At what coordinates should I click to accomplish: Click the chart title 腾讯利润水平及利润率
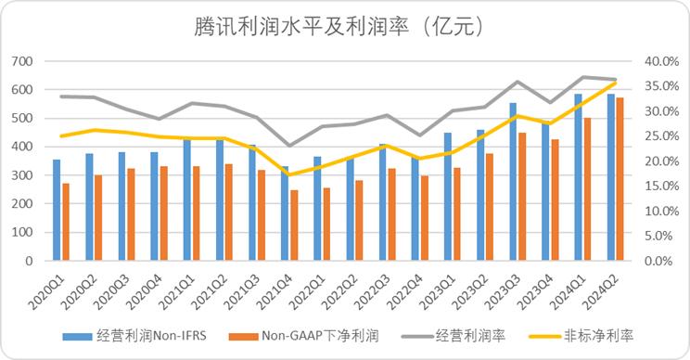coord(344,25)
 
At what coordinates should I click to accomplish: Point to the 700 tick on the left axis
coord(21,61)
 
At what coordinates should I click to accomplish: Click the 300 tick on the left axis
coord(21,175)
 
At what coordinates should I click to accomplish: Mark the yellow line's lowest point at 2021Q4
coord(288,174)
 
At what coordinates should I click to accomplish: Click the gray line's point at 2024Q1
coord(581,77)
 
